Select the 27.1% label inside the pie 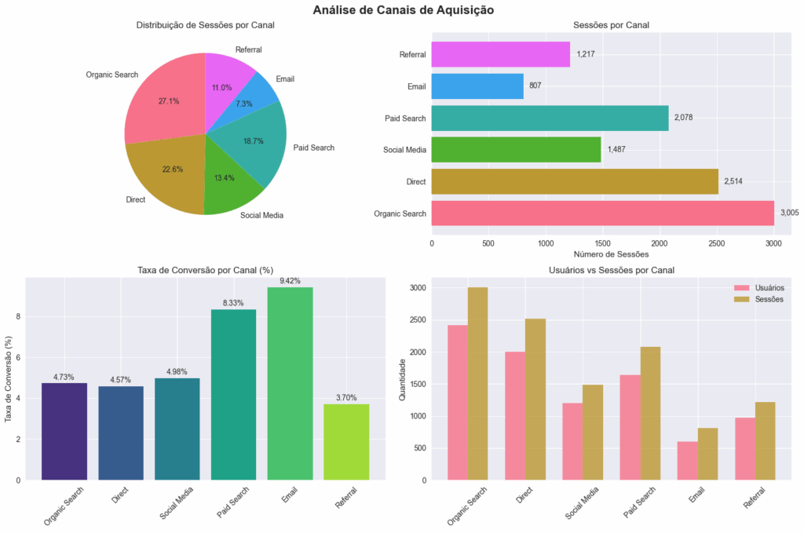coord(169,101)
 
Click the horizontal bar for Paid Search coord(550,118)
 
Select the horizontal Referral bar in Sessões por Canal coord(500,54)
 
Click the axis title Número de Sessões coord(611,255)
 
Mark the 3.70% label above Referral coord(346,397)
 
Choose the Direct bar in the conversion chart coord(121,433)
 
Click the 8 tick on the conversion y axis coord(18,317)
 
